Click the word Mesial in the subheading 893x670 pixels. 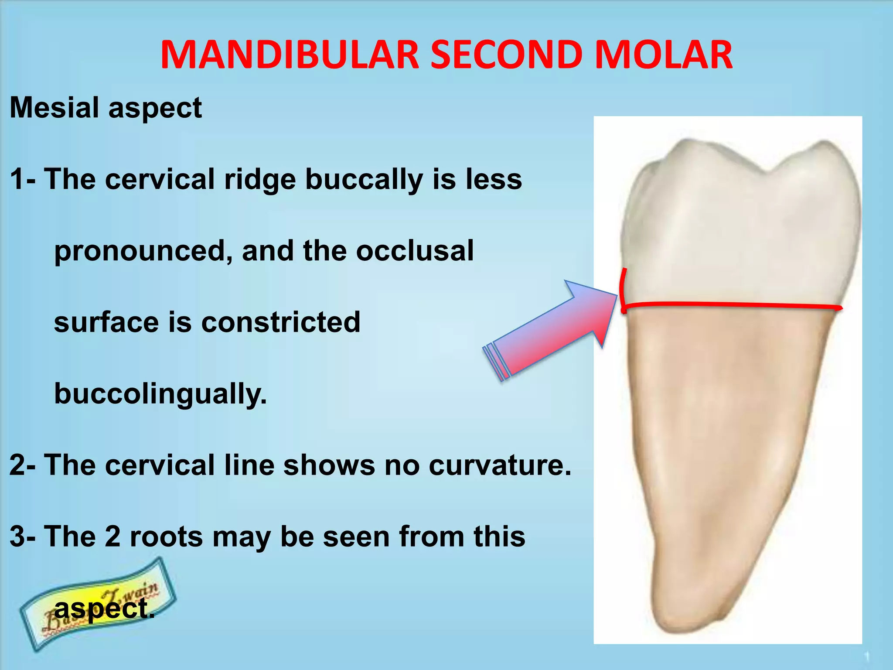pos(54,107)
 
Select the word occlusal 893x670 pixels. pos(415,251)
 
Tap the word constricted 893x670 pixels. pos(281,322)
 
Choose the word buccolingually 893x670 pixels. pos(160,394)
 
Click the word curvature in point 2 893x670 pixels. pos(500,465)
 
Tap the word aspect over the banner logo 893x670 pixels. pos(105,609)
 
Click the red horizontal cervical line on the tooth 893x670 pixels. pos(733,305)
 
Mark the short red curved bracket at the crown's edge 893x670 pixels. pos(622,290)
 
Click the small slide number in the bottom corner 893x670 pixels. pos(867,656)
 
